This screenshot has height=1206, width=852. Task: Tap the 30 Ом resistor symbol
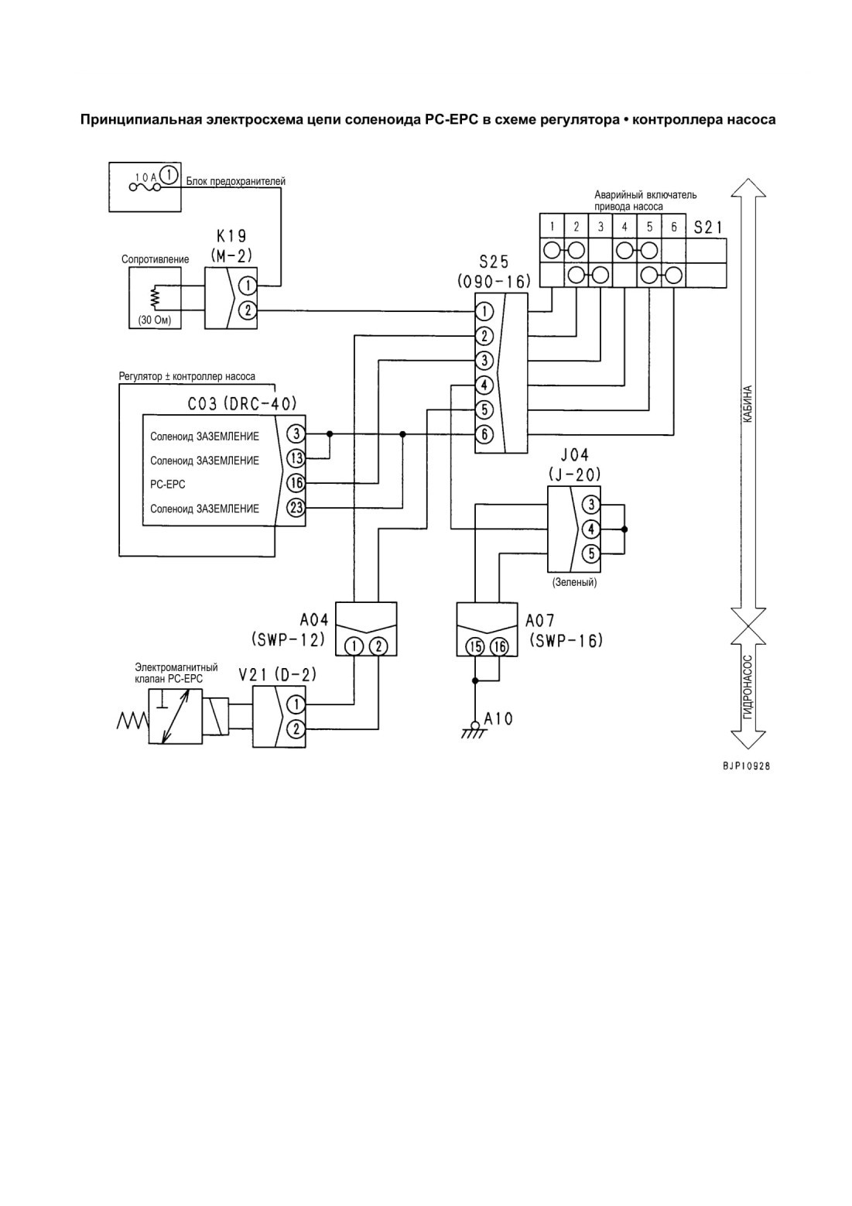pos(155,297)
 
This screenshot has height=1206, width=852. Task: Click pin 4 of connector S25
pos(484,385)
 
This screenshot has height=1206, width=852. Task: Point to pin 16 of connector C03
pos(296,483)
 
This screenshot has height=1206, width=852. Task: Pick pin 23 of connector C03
pos(296,507)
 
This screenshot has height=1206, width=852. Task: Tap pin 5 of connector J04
pos(591,553)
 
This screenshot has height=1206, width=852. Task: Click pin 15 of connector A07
pos(475,646)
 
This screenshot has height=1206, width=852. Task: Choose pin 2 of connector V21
pos(296,729)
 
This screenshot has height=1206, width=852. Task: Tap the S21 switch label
pos(707,228)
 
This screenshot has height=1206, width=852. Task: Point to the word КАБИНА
pos(748,404)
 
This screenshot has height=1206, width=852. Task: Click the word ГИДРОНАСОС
pos(748,687)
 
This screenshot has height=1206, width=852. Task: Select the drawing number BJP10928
pos(746,766)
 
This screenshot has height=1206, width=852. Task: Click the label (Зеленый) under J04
pos(574,582)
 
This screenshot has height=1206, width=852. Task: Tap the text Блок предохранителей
pos(236,181)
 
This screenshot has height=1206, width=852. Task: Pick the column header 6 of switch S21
pos(673,227)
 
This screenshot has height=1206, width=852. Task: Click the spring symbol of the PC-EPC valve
pos(132,720)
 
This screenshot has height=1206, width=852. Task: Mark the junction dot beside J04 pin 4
pos(624,529)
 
